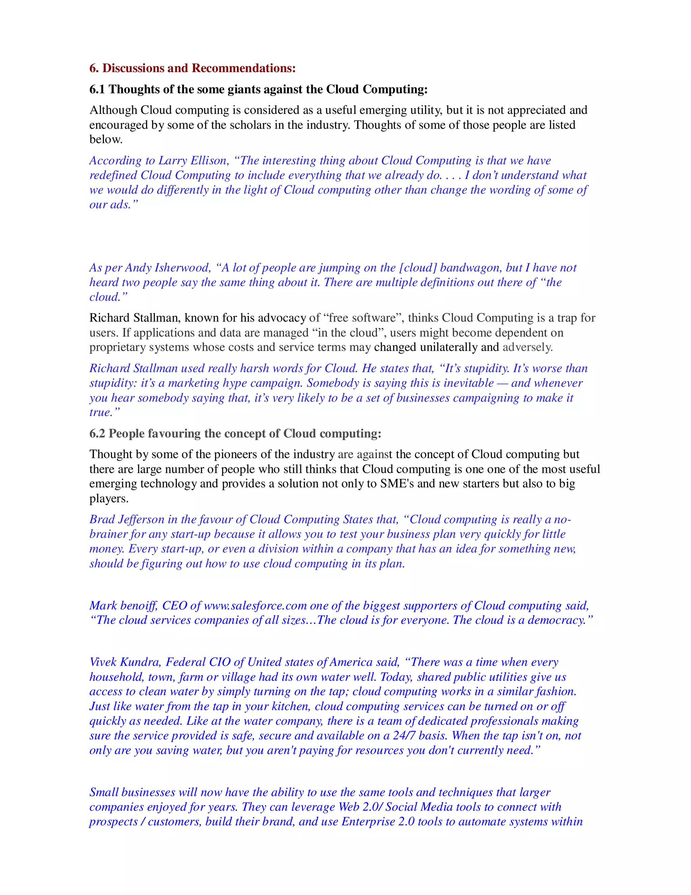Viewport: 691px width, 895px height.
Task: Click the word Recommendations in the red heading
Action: point(244,68)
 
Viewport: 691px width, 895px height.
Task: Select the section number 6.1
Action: point(98,89)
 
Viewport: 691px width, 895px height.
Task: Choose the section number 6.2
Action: point(98,434)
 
